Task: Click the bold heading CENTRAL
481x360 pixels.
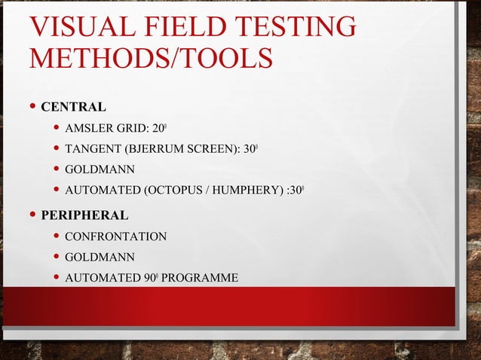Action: coord(73,105)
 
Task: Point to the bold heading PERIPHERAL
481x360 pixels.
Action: coord(84,215)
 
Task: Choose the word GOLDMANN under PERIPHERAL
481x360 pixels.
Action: coord(100,258)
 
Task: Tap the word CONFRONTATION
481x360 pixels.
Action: coord(115,236)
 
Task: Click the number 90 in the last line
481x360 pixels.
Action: coord(149,279)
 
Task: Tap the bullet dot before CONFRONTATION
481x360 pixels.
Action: coord(55,236)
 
